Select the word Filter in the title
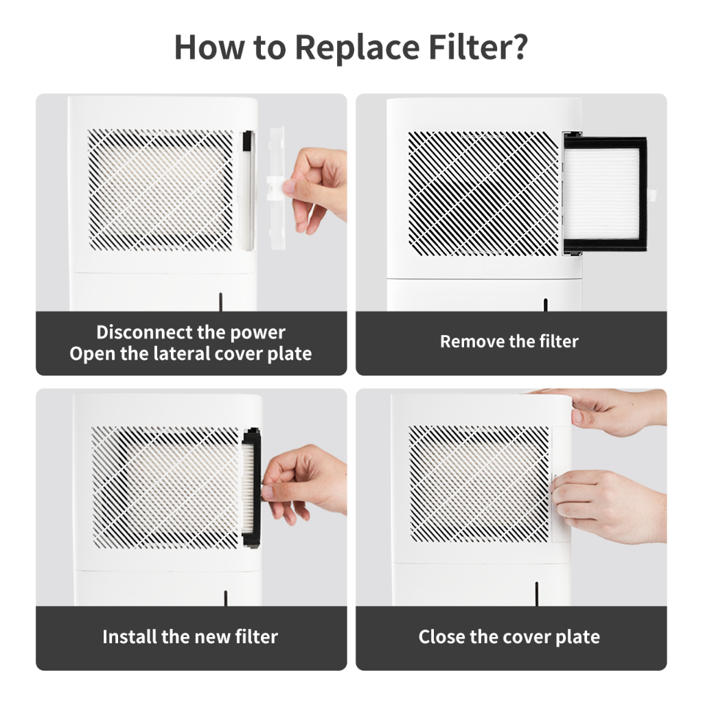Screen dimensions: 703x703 (x=469, y=46)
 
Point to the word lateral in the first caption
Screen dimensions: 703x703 (x=181, y=354)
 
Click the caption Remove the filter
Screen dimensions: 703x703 (x=509, y=342)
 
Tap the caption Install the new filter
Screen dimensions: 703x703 (x=190, y=636)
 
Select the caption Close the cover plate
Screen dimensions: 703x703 (x=509, y=637)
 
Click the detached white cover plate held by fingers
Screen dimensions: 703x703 (x=277, y=188)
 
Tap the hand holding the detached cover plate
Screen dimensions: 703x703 (x=317, y=189)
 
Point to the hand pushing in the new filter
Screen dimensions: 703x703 (x=306, y=484)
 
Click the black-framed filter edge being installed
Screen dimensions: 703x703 (x=251, y=488)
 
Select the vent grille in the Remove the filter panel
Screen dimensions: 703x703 (x=483, y=193)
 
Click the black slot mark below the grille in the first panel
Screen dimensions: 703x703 (x=220, y=302)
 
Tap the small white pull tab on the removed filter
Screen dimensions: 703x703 (x=652, y=195)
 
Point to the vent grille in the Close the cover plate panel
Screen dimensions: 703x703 (x=479, y=484)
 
